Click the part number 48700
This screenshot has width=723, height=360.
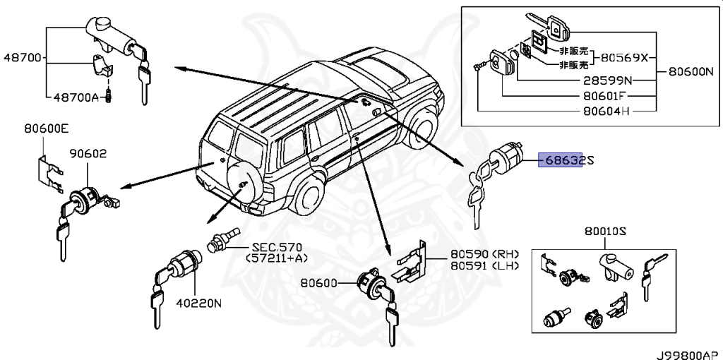[22, 58]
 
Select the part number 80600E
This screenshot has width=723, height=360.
[47, 129]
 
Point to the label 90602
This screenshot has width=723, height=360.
[87, 152]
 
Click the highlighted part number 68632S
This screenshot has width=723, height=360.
[565, 161]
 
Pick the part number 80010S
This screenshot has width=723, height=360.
[606, 232]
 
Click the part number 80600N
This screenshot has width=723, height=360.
[693, 71]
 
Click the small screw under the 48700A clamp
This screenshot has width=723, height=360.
[110, 95]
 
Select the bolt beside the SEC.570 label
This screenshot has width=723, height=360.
[222, 242]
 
